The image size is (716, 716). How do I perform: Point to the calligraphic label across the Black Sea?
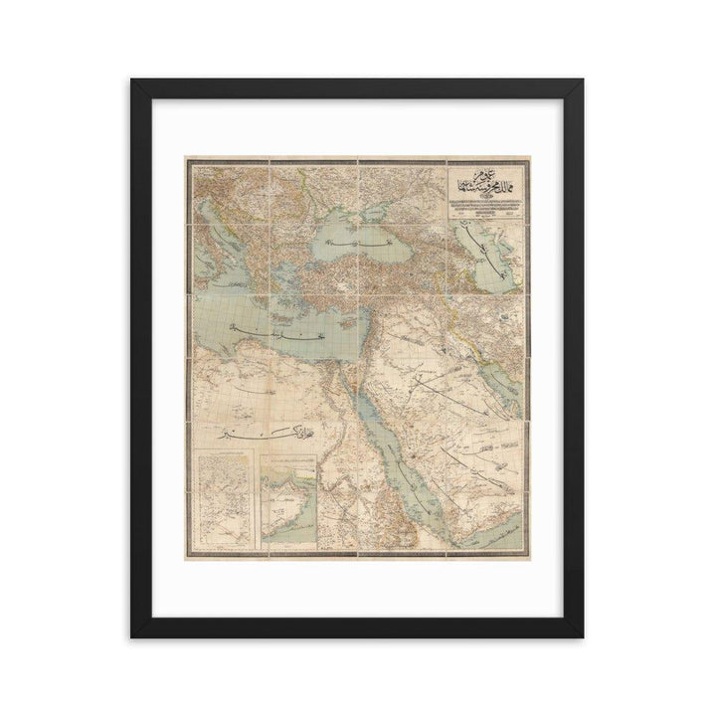(x=350, y=245)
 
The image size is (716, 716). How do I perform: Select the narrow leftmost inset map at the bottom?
(x=227, y=497)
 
